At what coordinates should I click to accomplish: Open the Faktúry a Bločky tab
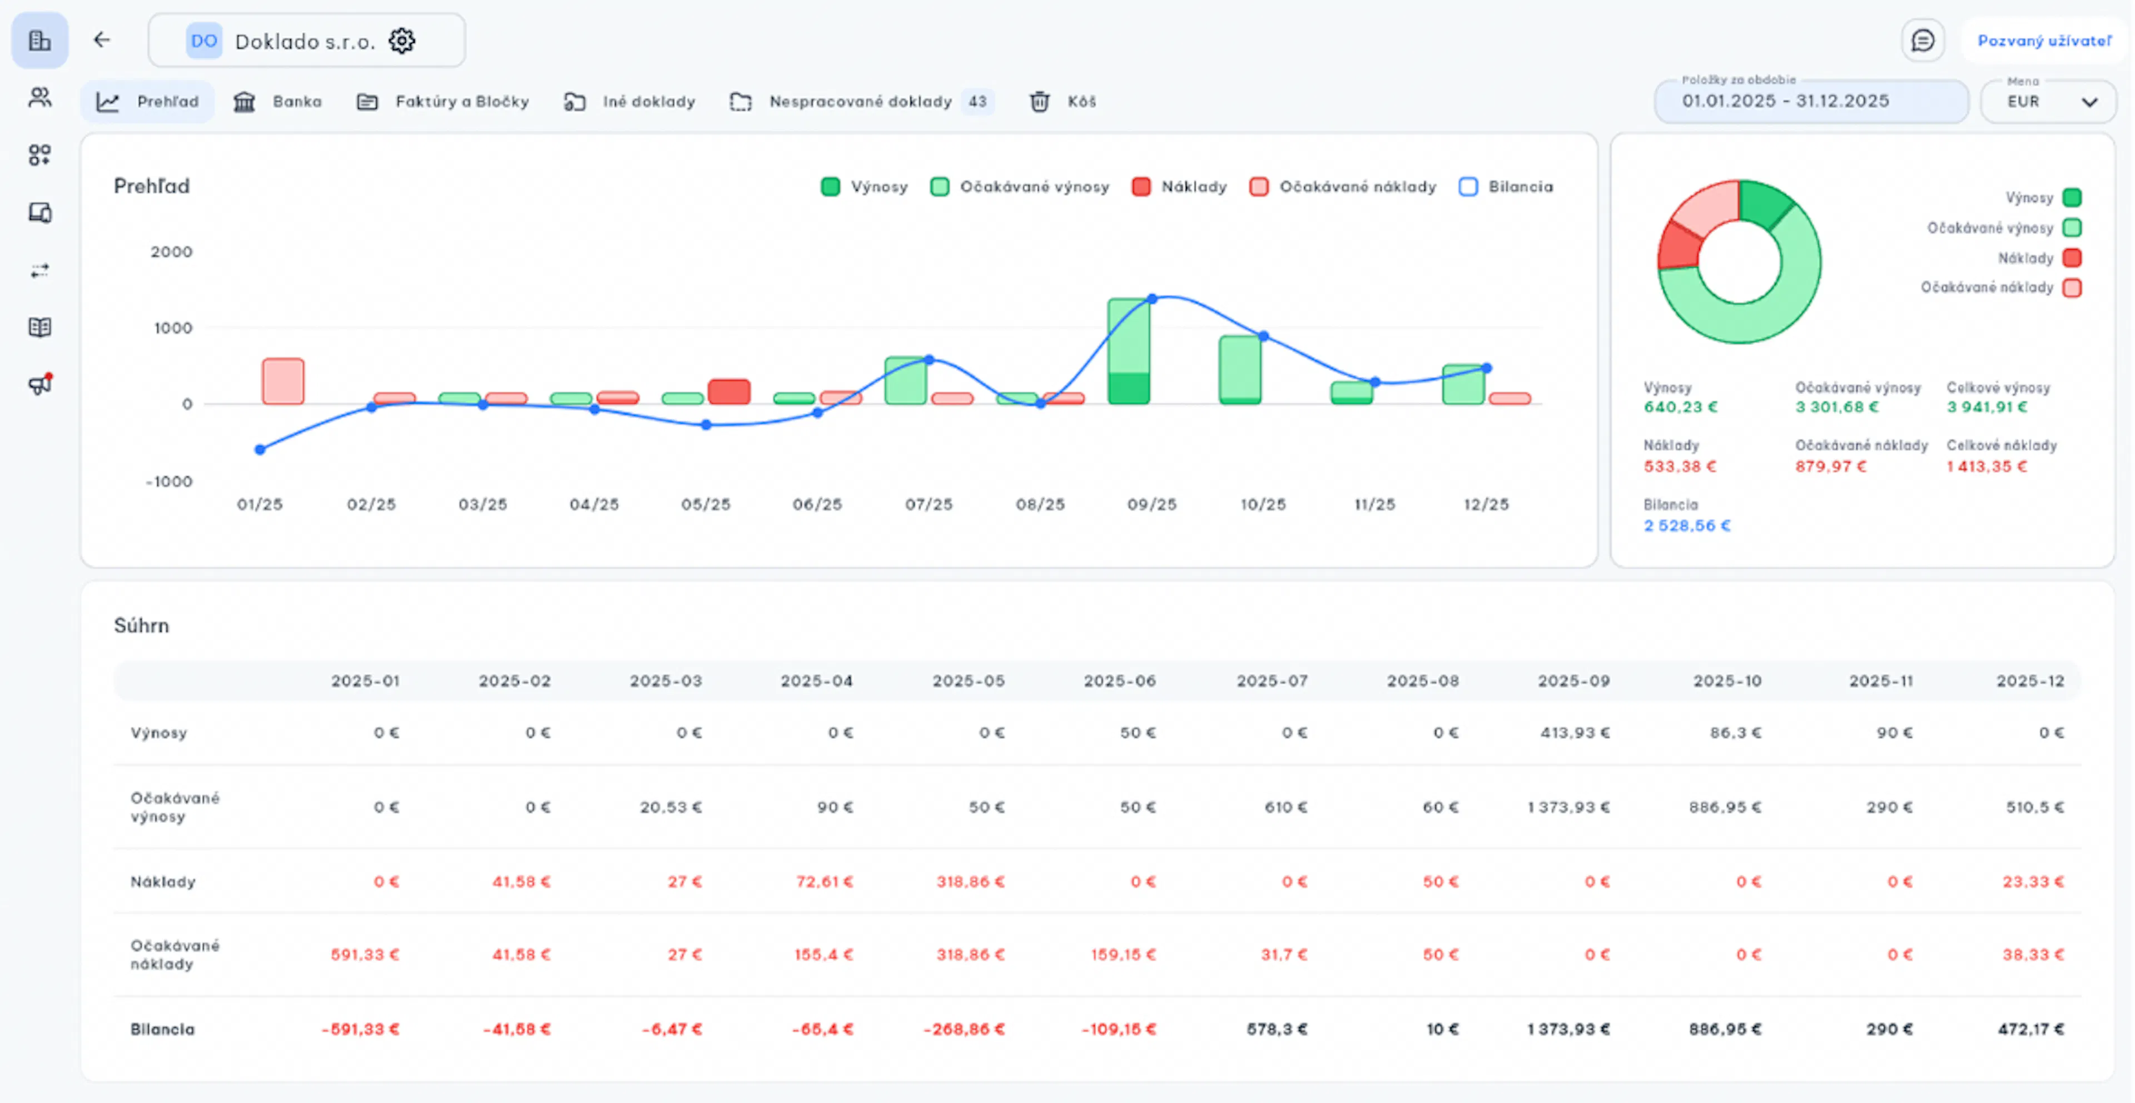tap(443, 102)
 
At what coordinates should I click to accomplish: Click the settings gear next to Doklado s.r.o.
tap(402, 41)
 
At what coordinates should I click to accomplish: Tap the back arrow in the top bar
tap(101, 40)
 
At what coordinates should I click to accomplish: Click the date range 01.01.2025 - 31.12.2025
tap(1785, 101)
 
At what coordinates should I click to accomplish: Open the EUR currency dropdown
tap(2048, 102)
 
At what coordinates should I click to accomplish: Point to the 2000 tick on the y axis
tap(172, 252)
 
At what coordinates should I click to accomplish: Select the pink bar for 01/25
tap(282, 381)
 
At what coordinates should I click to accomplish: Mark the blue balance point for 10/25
tap(1263, 336)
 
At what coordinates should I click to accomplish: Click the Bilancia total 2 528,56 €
tap(1687, 525)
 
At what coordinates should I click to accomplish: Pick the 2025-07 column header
tap(1272, 681)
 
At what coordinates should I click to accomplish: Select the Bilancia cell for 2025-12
tap(2030, 1029)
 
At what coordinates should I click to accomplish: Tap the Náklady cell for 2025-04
tap(825, 882)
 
